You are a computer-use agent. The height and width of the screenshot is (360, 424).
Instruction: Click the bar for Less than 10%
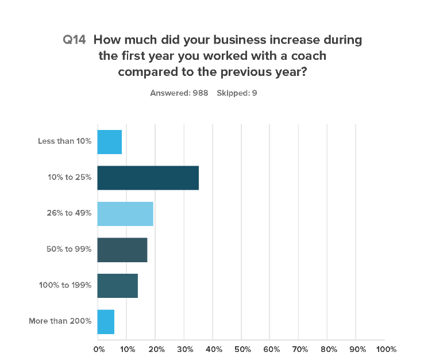tap(109, 142)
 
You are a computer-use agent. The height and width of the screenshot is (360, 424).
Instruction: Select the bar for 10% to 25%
tap(148, 178)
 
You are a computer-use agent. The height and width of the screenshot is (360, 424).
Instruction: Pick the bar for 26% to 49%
tap(125, 214)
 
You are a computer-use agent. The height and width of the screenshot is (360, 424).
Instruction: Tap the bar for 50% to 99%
tap(122, 250)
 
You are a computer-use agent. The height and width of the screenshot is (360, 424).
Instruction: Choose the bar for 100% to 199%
tap(117, 285)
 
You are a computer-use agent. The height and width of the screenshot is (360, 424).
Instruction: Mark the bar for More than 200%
tap(106, 321)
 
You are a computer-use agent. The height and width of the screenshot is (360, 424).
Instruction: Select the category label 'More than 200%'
tap(60, 321)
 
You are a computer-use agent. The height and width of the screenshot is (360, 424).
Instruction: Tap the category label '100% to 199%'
tap(65, 285)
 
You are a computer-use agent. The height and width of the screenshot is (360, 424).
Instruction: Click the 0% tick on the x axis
tap(99, 349)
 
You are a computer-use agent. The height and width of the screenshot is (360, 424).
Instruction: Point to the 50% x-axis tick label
tap(243, 349)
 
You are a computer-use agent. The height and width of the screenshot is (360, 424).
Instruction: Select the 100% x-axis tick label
tap(387, 349)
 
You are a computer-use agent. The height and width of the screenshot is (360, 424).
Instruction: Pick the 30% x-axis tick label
tap(185, 349)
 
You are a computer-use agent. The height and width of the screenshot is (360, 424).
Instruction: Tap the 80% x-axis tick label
tap(329, 349)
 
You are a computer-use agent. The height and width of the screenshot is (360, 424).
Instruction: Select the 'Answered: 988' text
tap(179, 92)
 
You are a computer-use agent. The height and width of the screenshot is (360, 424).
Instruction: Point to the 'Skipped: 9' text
tap(237, 92)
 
